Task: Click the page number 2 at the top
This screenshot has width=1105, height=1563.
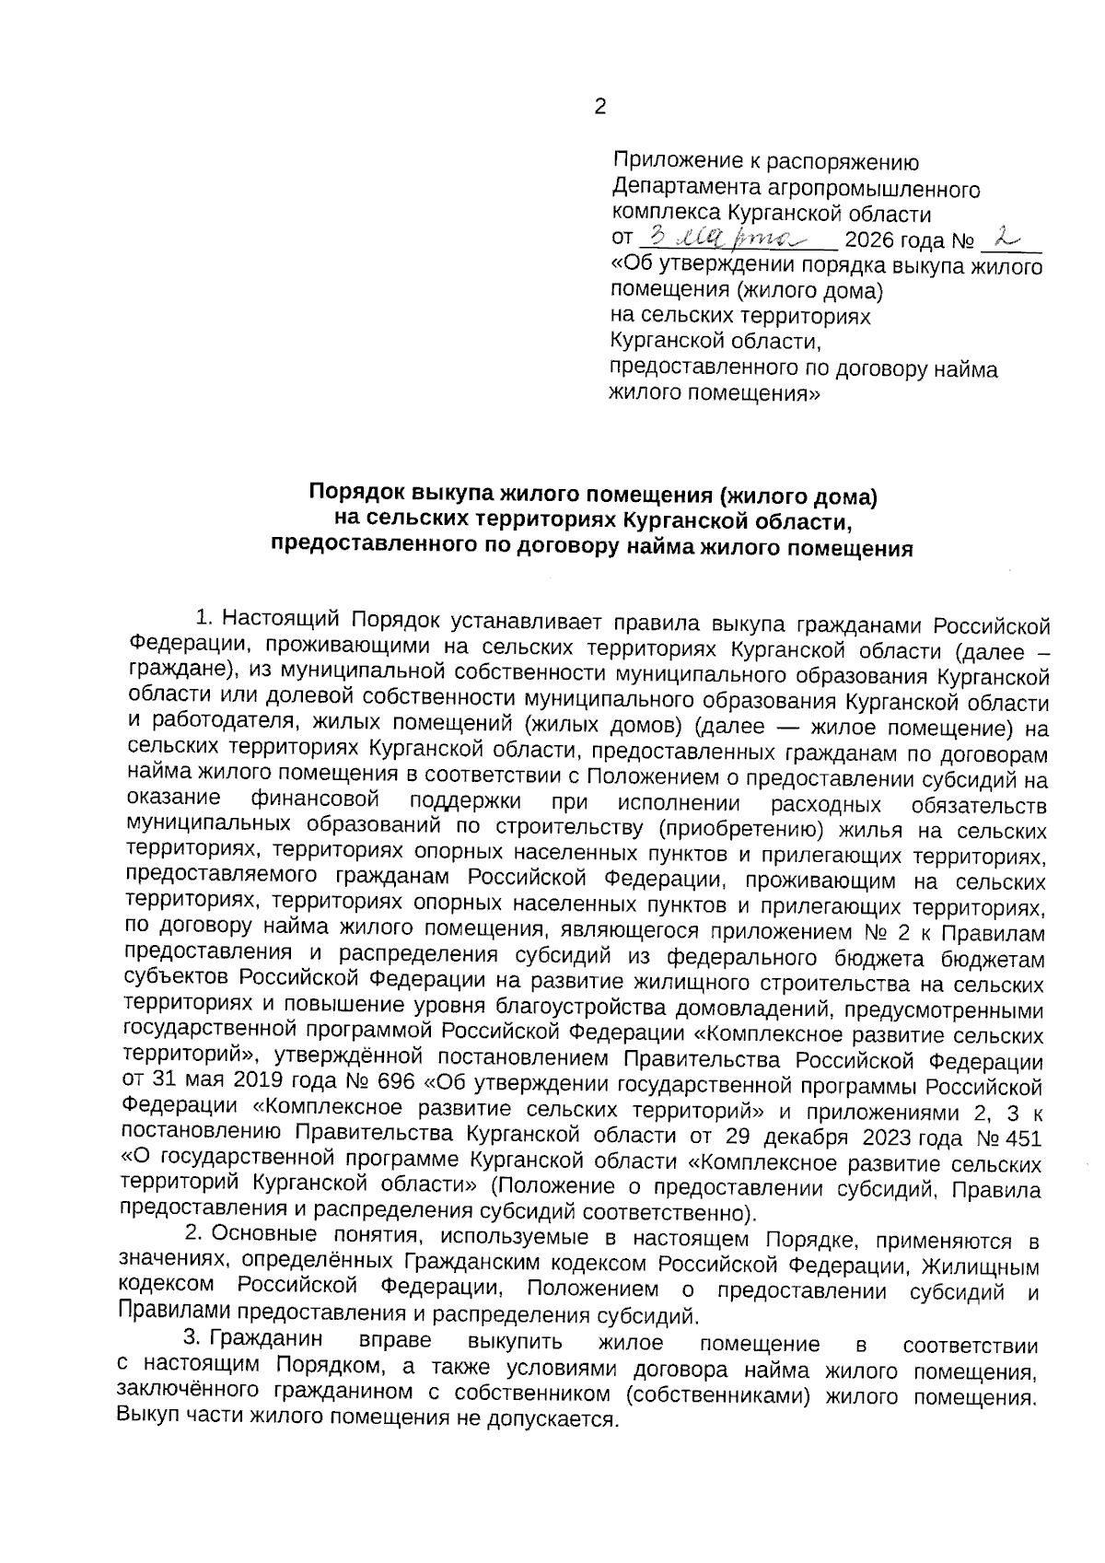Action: [x=599, y=109]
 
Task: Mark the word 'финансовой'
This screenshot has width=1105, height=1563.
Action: [x=314, y=799]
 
